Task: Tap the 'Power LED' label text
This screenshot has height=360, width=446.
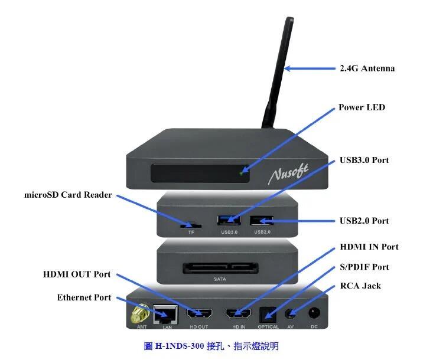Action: point(361,107)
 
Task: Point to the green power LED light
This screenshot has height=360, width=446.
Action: point(241,173)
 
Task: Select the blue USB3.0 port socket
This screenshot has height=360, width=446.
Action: point(229,221)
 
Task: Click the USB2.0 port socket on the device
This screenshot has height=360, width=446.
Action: point(261,221)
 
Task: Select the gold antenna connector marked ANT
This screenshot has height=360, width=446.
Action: point(140,315)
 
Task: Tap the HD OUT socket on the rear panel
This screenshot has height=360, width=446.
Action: point(198,314)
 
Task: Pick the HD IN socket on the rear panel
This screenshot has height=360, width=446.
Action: point(239,314)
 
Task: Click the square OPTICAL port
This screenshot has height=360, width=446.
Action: point(268,315)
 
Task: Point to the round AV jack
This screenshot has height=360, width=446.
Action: point(291,315)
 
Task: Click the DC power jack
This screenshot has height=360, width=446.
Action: point(314,315)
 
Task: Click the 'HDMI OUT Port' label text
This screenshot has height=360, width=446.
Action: point(77,274)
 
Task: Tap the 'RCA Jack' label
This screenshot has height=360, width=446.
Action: point(360,286)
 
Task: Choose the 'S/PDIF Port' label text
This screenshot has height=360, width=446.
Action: point(364,267)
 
